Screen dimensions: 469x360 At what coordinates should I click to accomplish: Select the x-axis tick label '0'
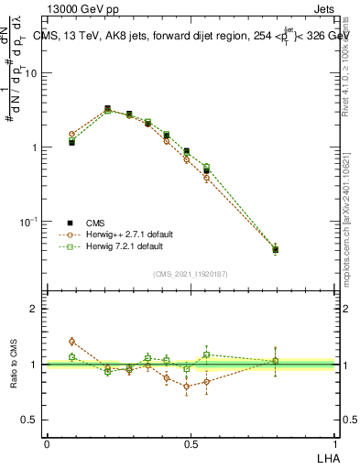[47, 443]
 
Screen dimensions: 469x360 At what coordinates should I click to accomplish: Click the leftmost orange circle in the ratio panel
[71, 341]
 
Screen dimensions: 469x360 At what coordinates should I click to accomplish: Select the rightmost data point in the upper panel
[276, 249]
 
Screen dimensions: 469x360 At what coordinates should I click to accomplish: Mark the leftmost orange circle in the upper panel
[71, 135]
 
